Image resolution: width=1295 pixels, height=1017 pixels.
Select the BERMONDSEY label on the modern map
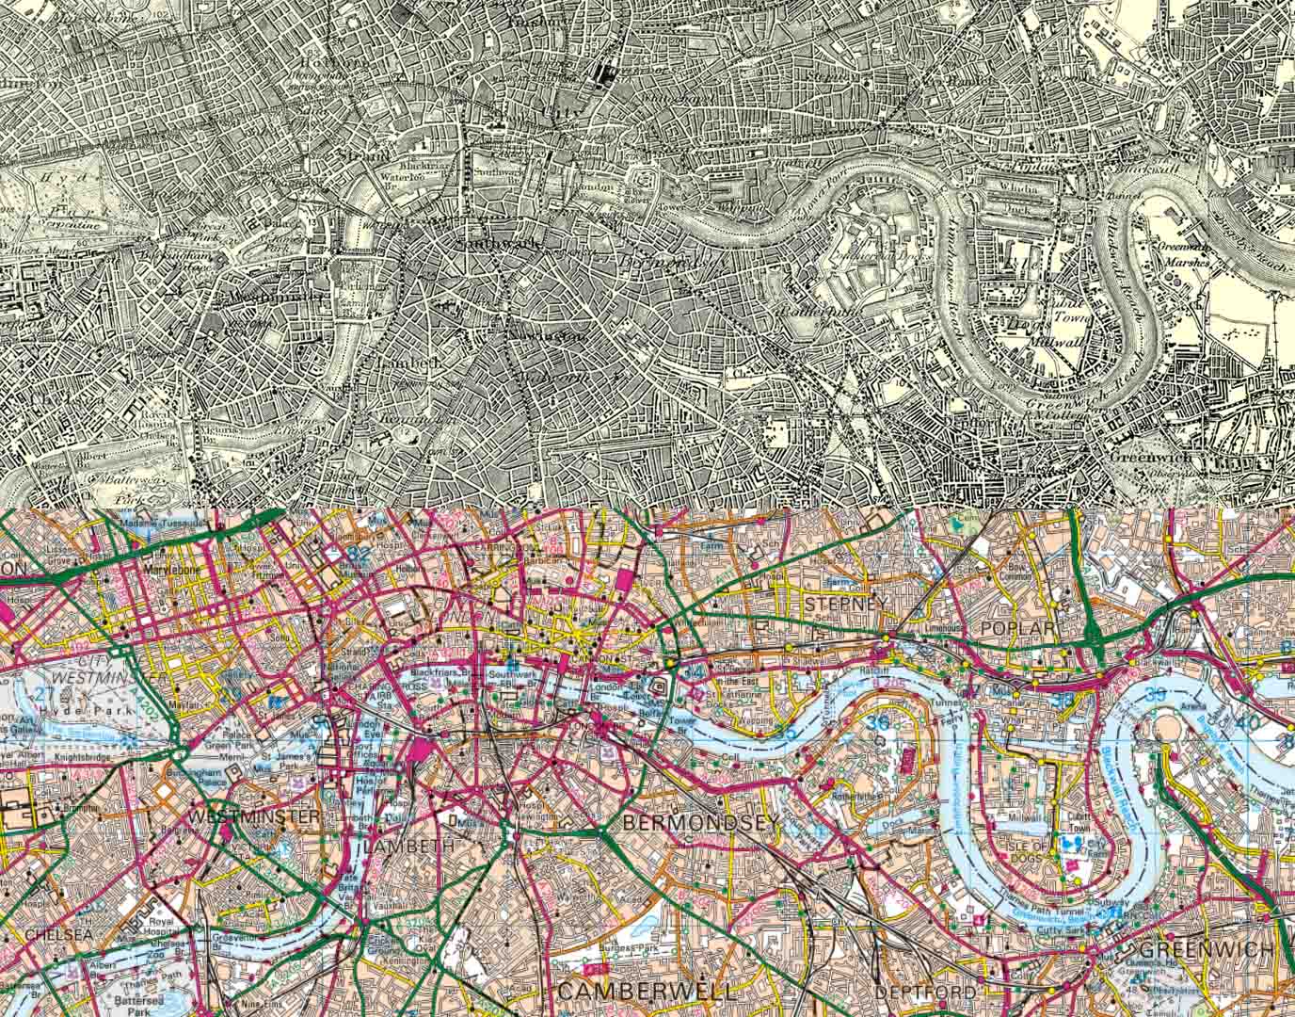(x=701, y=822)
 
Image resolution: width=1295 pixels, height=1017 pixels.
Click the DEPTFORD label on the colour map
(x=925, y=993)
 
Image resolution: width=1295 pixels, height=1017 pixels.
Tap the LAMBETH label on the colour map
(x=407, y=847)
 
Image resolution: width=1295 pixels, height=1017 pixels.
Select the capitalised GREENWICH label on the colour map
(x=1207, y=948)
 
